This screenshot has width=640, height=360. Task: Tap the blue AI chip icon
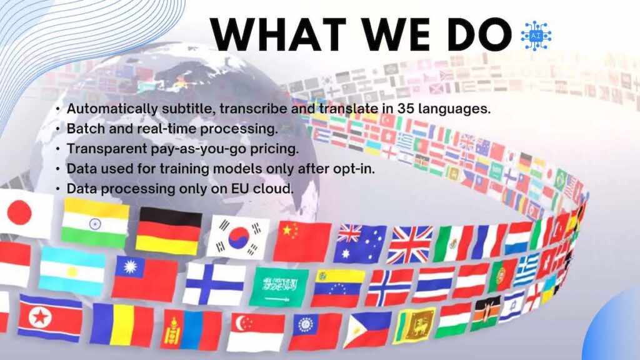[x=536, y=36]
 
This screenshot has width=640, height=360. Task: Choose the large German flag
[x=168, y=231]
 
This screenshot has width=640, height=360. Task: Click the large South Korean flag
[x=239, y=238]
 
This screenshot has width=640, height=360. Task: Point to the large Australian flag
[x=360, y=244]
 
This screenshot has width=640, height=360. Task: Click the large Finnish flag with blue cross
[x=214, y=284]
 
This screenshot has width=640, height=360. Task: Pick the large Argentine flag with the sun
[x=72, y=271]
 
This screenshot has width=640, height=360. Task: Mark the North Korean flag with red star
[x=50, y=317]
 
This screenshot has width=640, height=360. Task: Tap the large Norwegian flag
[x=387, y=287]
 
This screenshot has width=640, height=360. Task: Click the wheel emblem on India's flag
[x=95, y=224]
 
